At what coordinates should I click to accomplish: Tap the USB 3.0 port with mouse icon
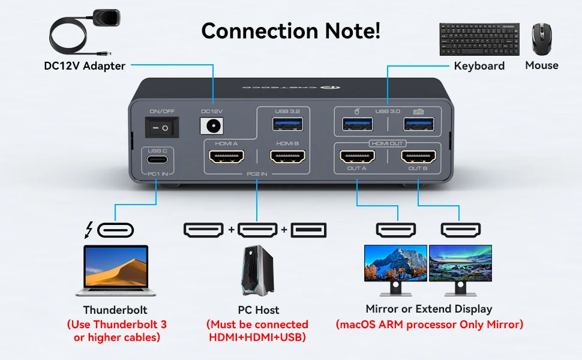pyautogui.click(x=358, y=124)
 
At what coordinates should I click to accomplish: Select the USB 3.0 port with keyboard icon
pyautogui.click(x=418, y=124)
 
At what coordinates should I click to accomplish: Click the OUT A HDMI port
pyautogui.click(x=358, y=157)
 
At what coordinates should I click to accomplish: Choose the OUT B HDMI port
pyautogui.click(x=418, y=157)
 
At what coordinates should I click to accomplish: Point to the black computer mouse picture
pyautogui.click(x=541, y=40)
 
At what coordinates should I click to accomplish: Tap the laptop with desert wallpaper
pyautogui.click(x=116, y=270)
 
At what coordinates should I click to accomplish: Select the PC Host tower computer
pyautogui.click(x=257, y=271)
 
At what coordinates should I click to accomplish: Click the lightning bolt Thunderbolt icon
pyautogui.click(x=90, y=230)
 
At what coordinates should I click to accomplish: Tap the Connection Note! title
pyautogui.click(x=290, y=31)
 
